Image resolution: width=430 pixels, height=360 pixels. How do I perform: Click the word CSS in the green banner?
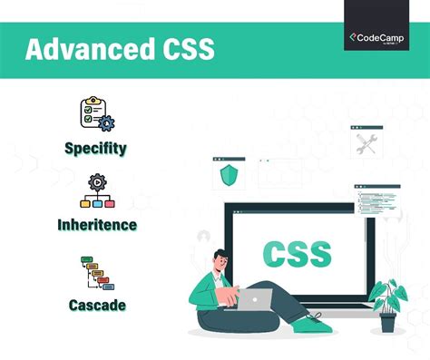(x=182, y=49)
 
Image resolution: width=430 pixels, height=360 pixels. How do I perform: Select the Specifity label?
(x=95, y=147)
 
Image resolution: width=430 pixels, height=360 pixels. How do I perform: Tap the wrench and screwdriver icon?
(x=366, y=142)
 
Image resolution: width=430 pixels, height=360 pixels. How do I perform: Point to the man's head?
(x=223, y=261)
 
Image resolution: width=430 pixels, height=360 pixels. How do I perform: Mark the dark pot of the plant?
(x=388, y=323)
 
